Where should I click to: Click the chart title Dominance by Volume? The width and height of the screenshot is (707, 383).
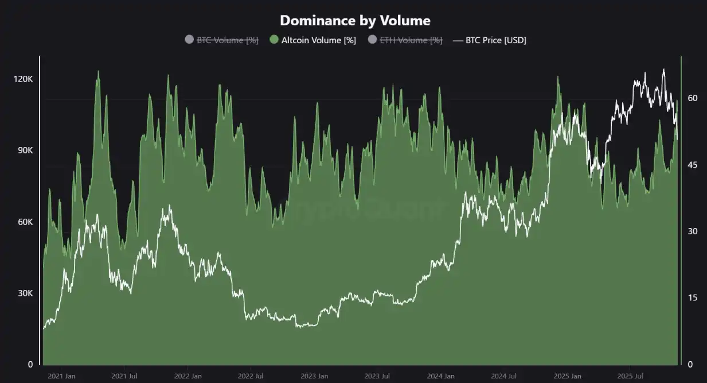(x=355, y=21)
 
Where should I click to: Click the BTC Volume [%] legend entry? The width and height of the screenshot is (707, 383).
(x=227, y=40)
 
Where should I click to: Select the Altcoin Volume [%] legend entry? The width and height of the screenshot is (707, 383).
(x=318, y=40)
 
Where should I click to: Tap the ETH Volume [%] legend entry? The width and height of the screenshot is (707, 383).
(x=411, y=40)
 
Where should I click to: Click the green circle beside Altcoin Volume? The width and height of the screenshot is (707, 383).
(x=274, y=40)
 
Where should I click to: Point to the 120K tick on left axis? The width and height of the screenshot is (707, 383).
(x=23, y=79)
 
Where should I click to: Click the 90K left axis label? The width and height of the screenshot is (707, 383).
(x=24, y=150)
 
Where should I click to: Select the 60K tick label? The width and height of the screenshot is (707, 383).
(x=24, y=222)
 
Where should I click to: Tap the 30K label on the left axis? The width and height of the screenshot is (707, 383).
(x=24, y=293)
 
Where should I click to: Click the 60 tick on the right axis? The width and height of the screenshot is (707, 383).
(x=693, y=98)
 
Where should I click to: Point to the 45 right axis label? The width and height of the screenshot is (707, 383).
(x=693, y=165)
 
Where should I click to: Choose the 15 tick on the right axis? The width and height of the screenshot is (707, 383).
(x=692, y=298)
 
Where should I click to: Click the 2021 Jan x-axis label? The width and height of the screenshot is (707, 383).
(x=61, y=377)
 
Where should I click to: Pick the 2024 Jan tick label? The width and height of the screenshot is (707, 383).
(x=441, y=377)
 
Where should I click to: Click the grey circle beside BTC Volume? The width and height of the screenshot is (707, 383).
(x=189, y=40)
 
